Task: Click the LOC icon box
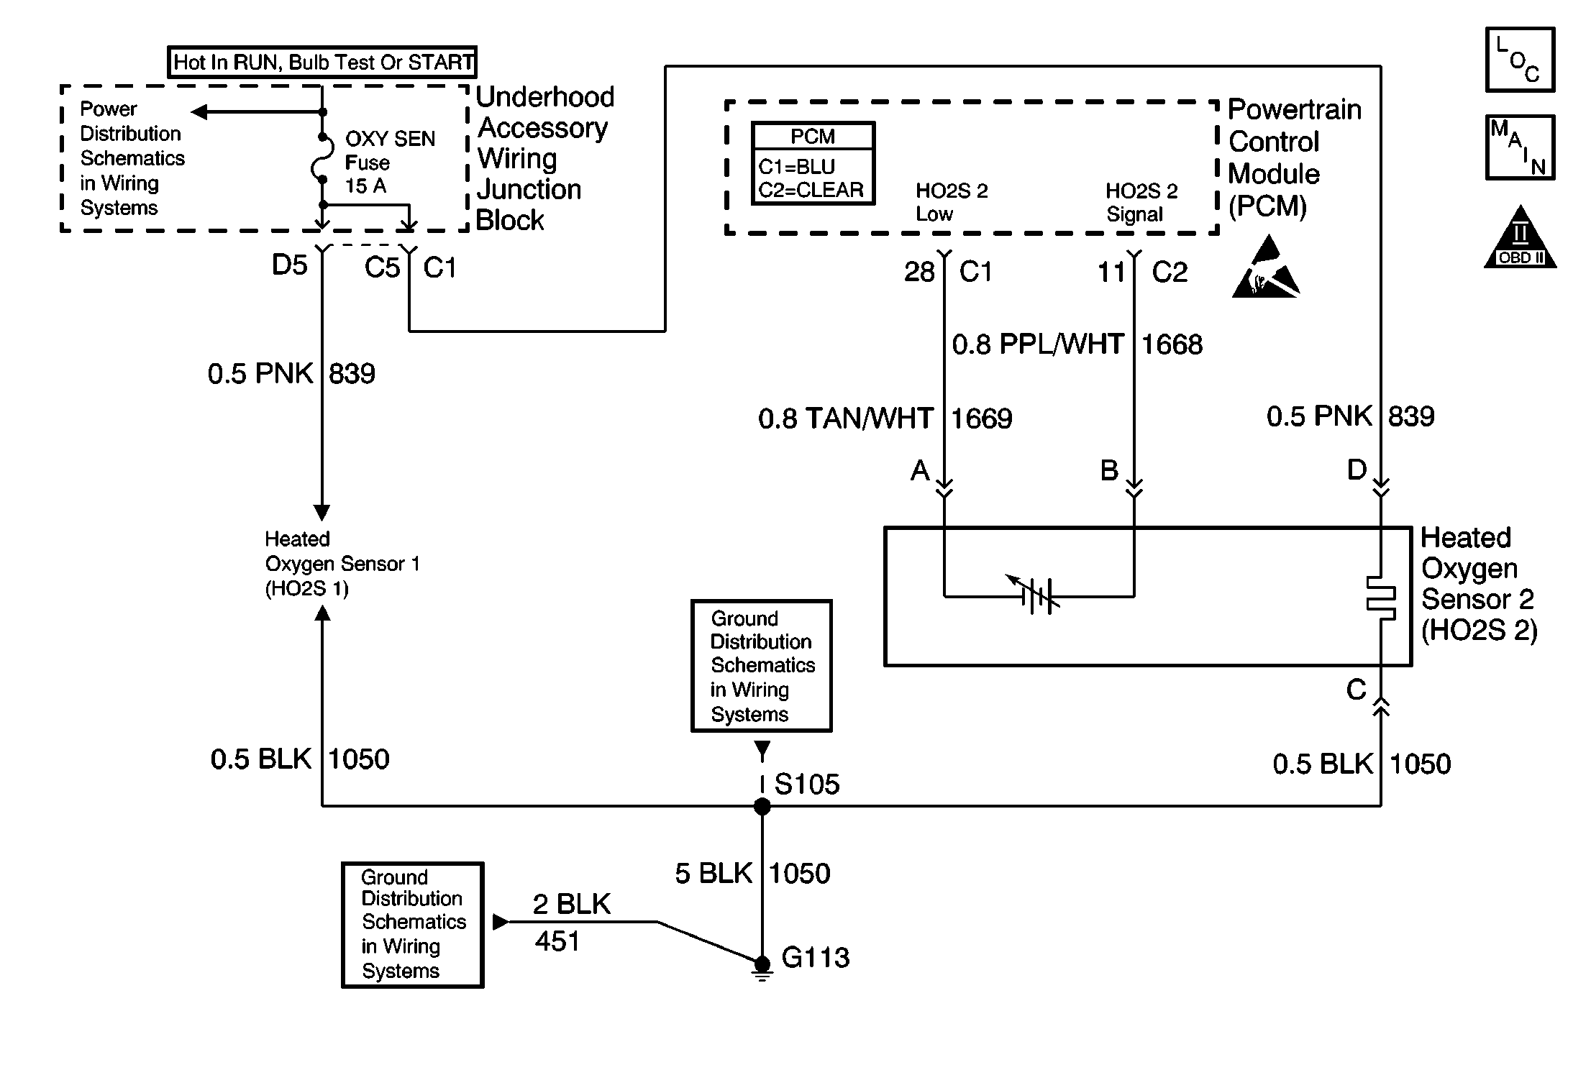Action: (x=1520, y=60)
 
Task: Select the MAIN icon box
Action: (x=1520, y=147)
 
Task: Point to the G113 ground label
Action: (x=815, y=958)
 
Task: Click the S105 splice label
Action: (x=806, y=785)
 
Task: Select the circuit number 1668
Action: (x=1172, y=345)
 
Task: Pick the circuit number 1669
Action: (x=982, y=419)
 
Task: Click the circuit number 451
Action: (x=557, y=941)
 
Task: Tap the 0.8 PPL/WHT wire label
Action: (x=1037, y=345)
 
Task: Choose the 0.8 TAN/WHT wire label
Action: (x=846, y=419)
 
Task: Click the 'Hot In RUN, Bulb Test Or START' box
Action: (x=322, y=63)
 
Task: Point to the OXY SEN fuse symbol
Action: (x=322, y=158)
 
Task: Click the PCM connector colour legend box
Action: (x=813, y=164)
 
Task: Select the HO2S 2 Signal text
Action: (x=1141, y=203)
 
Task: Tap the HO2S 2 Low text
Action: (x=951, y=203)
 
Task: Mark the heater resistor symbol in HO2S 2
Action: (x=1381, y=597)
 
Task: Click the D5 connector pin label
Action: (x=289, y=266)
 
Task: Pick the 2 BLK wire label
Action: (x=571, y=905)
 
